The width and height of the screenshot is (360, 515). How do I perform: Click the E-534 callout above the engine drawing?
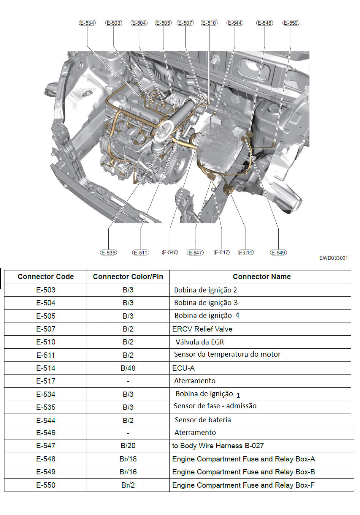coord(87,23)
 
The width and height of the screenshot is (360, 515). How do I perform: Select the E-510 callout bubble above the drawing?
coord(209,23)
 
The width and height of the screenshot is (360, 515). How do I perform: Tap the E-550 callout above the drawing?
coord(291,23)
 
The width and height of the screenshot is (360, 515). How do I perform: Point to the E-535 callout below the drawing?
coord(108,253)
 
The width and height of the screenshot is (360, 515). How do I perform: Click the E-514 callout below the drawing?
coord(246,252)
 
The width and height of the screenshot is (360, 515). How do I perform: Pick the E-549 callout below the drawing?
coord(278,253)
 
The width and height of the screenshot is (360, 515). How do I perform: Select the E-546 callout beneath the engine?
coord(170,252)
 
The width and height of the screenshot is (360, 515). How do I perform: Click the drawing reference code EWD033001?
coord(333,258)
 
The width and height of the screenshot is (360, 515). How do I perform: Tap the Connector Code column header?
coord(46,276)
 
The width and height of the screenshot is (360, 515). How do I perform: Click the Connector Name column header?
coord(262,276)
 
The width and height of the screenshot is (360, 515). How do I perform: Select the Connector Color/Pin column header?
coord(128,276)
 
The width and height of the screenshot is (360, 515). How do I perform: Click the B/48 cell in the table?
coord(128,368)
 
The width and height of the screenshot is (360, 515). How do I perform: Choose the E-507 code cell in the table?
coord(46,329)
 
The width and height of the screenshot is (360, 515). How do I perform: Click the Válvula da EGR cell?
coord(200,342)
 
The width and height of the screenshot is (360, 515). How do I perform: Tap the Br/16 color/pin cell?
coord(128,472)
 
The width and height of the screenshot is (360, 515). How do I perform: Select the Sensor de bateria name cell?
coord(203,420)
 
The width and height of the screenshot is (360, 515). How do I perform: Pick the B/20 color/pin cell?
coord(128,445)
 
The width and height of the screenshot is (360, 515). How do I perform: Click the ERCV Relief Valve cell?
coord(202,329)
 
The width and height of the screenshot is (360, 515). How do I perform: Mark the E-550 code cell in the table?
coord(46,485)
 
